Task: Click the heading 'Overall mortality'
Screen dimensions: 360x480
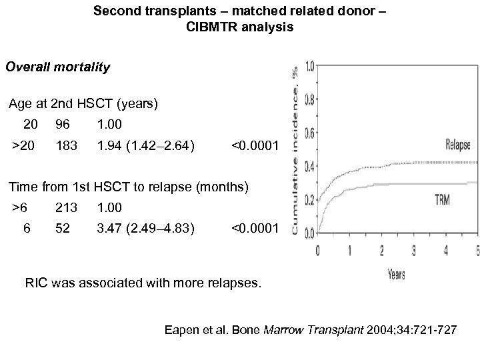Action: [57, 67]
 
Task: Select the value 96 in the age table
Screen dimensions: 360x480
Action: [63, 124]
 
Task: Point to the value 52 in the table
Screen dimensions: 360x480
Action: [63, 229]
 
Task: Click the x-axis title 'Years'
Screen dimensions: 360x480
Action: [397, 274]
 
